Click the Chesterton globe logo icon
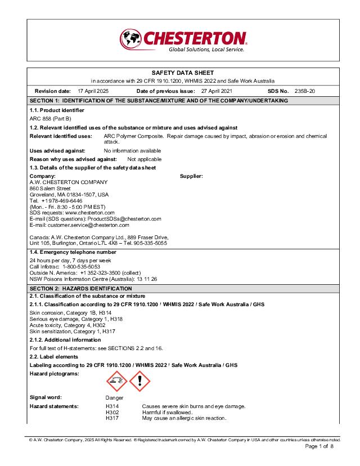130,39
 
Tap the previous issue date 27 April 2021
216,91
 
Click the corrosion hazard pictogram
116,382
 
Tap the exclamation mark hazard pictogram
139,382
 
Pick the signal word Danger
114,398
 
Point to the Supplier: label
191,176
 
